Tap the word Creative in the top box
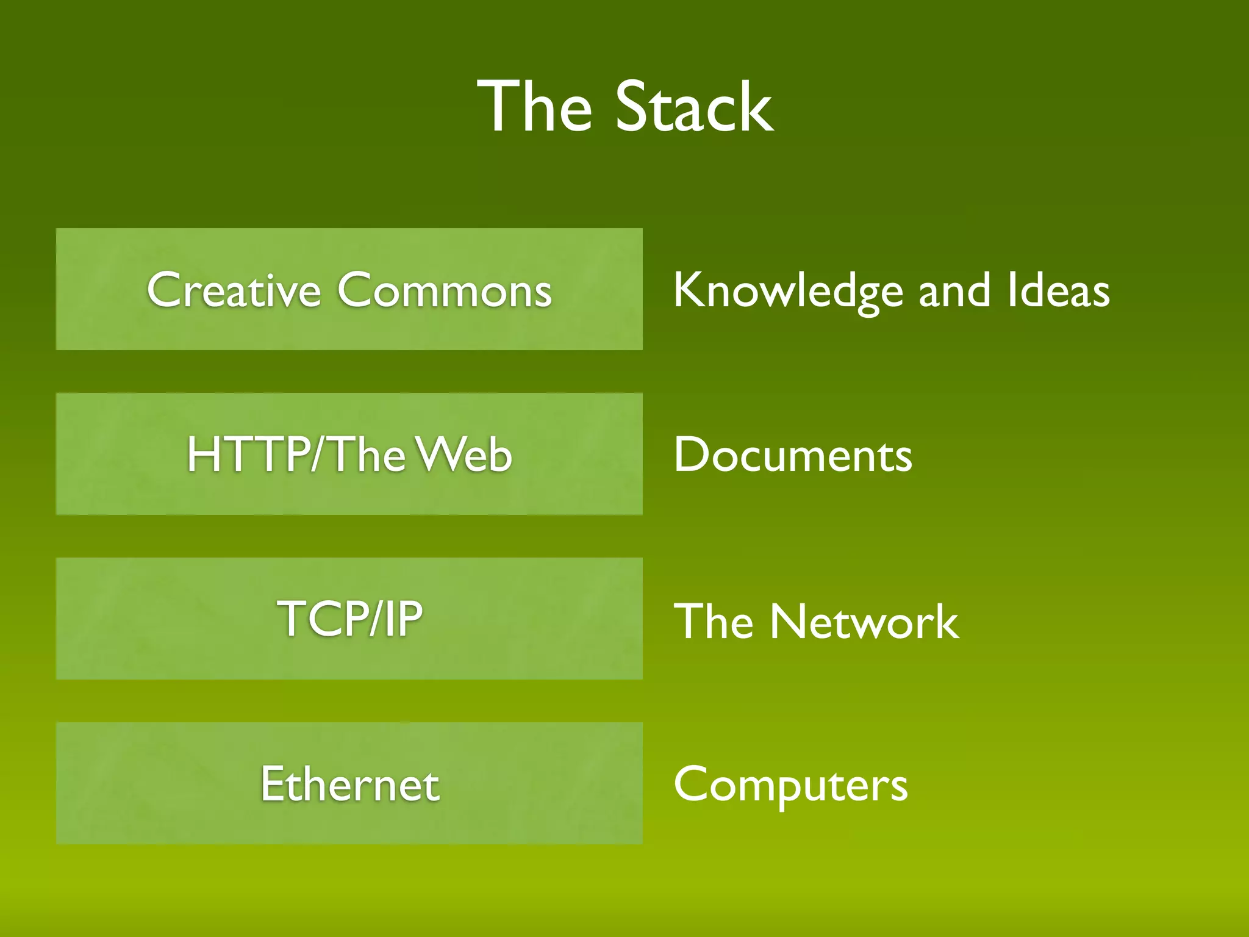point(234,290)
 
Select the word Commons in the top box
point(445,290)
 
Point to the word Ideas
point(1058,291)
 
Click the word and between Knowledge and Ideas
point(954,291)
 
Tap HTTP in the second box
point(248,454)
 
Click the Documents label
point(793,455)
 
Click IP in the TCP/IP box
point(403,619)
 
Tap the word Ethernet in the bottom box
point(349,784)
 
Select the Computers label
point(791,786)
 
